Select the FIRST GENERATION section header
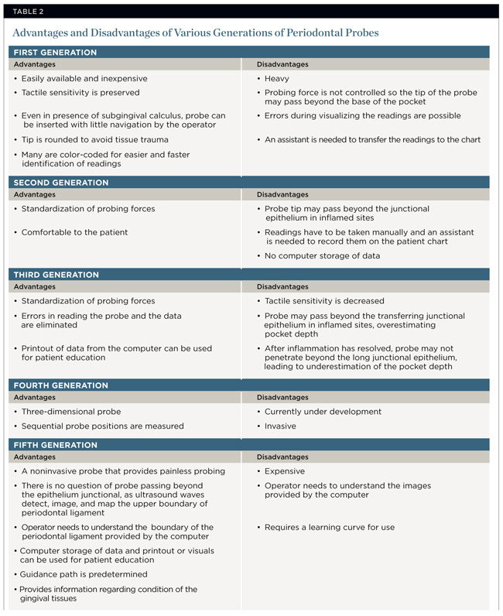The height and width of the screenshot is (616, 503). pos(54,52)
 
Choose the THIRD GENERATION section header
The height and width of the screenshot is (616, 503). pos(56,275)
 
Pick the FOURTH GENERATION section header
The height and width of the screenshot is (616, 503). pos(60,385)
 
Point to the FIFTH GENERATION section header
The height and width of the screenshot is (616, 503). pos(55,445)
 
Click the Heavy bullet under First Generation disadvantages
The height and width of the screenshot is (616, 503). pos(279,78)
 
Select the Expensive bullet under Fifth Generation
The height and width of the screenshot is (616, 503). pos(285,471)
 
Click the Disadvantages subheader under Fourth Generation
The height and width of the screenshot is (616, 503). pos(282,398)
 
